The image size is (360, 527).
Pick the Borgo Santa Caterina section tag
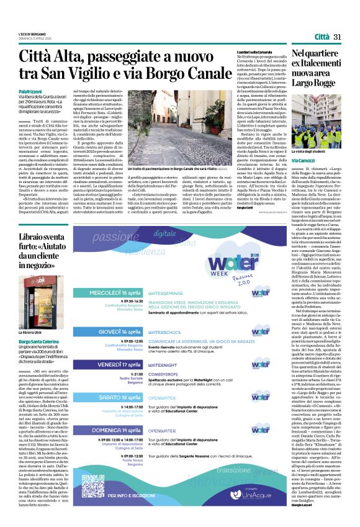click(x=39, y=341)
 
